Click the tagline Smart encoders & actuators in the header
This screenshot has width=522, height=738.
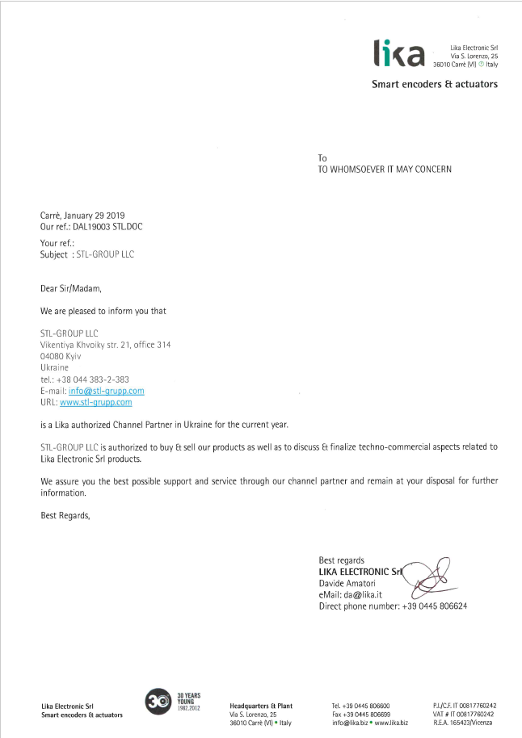tap(434, 84)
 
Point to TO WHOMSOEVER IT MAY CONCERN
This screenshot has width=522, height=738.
tap(384, 170)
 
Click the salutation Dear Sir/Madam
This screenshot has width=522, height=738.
tap(71, 287)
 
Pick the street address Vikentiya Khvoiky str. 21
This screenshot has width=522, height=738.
tap(105, 345)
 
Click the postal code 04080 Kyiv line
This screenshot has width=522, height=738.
tap(61, 356)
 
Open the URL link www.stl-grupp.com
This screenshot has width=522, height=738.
tap(95, 402)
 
